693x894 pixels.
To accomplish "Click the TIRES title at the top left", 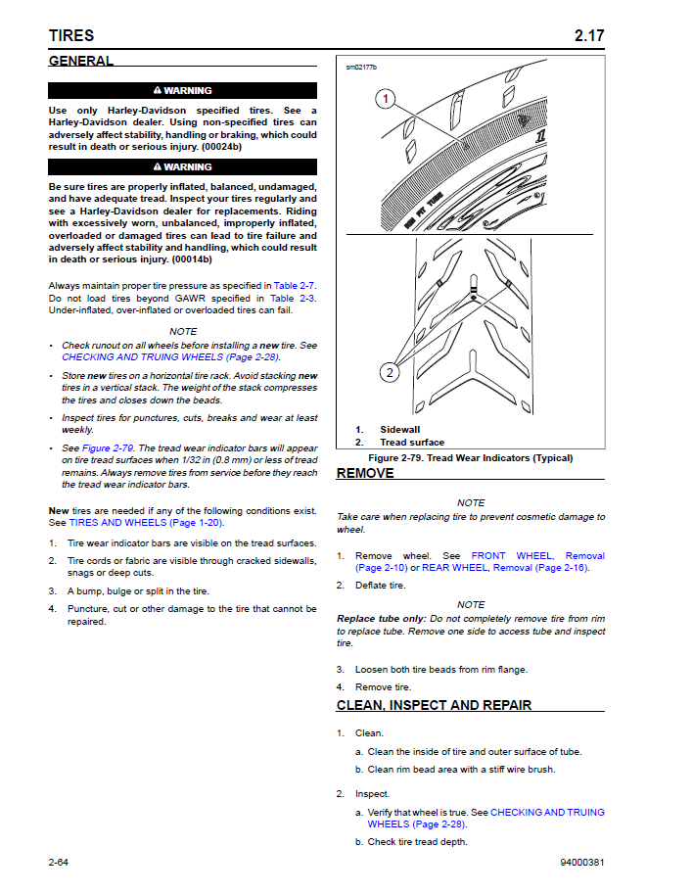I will (71, 36).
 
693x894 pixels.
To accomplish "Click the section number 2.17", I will (589, 36).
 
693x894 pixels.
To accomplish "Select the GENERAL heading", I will (81, 61).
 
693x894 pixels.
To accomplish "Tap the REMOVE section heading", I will (365, 473).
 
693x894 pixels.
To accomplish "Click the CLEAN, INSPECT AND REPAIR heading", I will (434, 705).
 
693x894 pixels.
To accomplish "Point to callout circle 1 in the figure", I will (386, 99).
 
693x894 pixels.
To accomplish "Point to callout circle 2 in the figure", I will (390, 372).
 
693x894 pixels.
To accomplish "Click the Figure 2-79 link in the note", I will (108, 448).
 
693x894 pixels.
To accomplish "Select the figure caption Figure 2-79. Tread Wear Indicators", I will (470, 458).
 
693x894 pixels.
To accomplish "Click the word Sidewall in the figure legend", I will (399, 430).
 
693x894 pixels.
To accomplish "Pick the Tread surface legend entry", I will (411, 443).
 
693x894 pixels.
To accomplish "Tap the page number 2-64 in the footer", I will (65, 863).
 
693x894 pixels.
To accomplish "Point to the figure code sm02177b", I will (360, 68).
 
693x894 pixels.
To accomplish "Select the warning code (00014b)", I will (192, 259).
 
